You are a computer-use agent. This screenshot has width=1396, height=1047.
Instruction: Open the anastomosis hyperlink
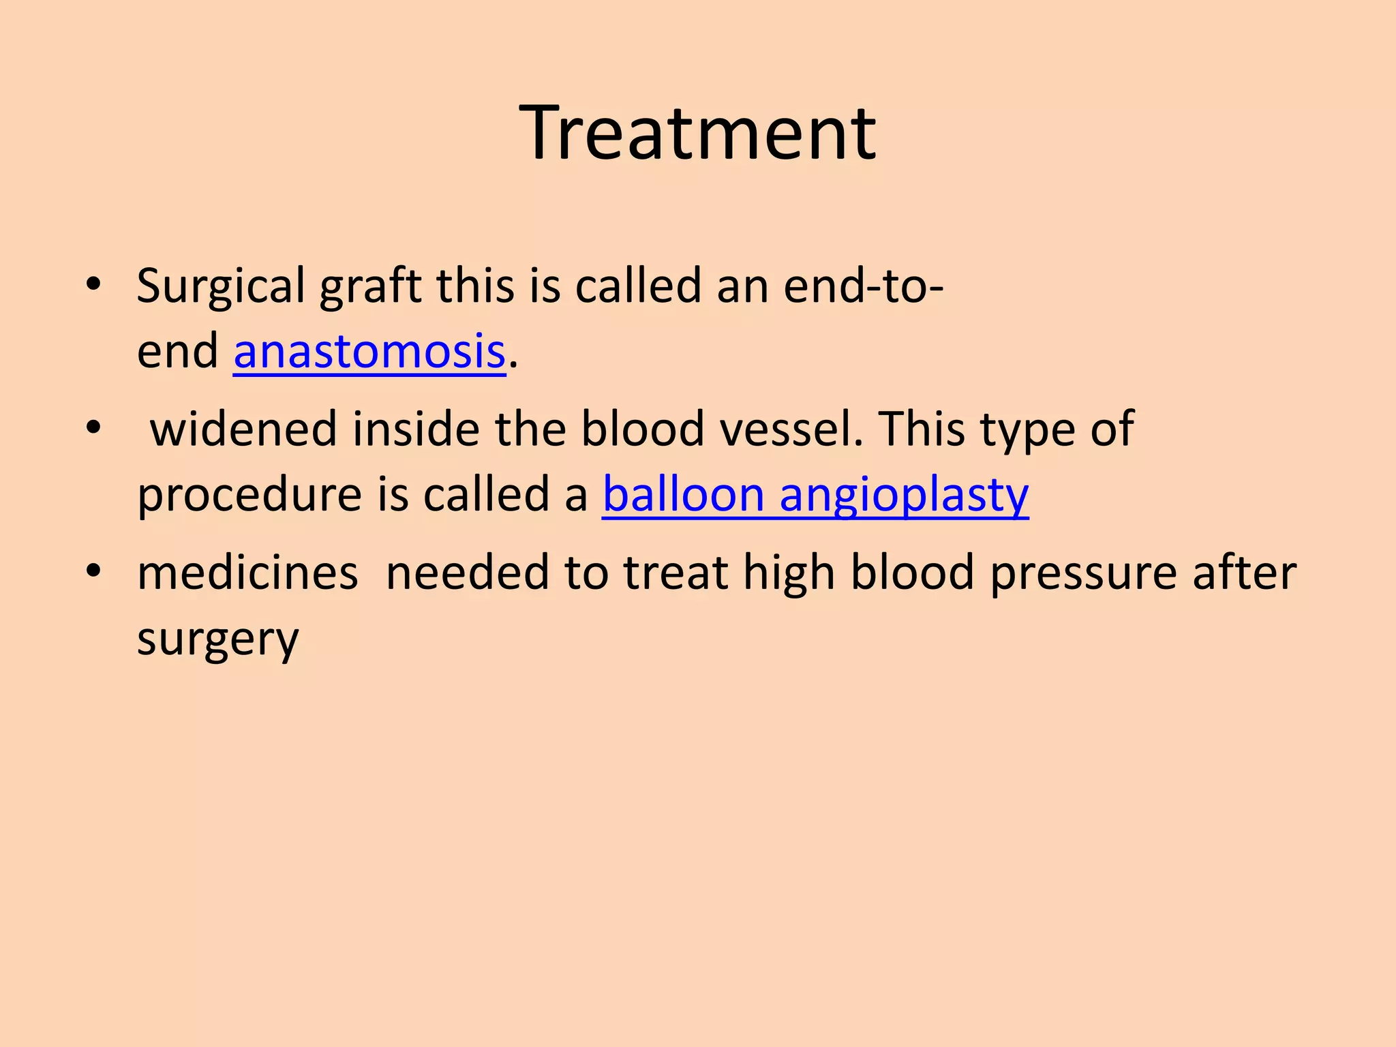(x=369, y=352)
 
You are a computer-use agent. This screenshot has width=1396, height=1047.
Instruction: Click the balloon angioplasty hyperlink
(x=815, y=495)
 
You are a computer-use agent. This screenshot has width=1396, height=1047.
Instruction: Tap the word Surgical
(x=220, y=286)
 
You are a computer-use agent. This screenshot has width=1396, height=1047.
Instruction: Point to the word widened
(x=243, y=429)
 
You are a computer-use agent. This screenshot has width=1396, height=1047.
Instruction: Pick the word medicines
(x=247, y=573)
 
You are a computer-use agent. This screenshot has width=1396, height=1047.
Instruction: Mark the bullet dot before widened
(x=93, y=427)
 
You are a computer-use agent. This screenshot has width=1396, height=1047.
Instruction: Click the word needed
(x=467, y=573)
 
